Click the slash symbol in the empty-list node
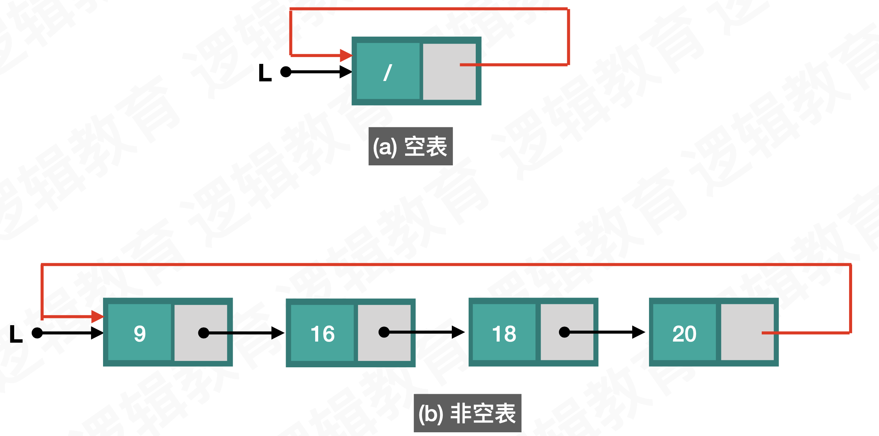[388, 72]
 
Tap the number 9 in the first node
[140, 333]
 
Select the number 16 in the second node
[323, 333]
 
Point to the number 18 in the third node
[504, 333]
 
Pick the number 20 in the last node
[684, 333]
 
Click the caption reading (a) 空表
[410, 146]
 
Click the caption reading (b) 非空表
[467, 413]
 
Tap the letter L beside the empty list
[265, 73]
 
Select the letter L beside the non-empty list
[16, 334]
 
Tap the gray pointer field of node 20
[747, 332]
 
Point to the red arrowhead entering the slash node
[346, 56]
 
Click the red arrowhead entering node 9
[97, 317]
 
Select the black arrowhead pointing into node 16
[277, 333]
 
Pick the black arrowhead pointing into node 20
[638, 332]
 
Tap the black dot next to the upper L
[286, 72]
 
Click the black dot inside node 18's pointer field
[564, 332]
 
